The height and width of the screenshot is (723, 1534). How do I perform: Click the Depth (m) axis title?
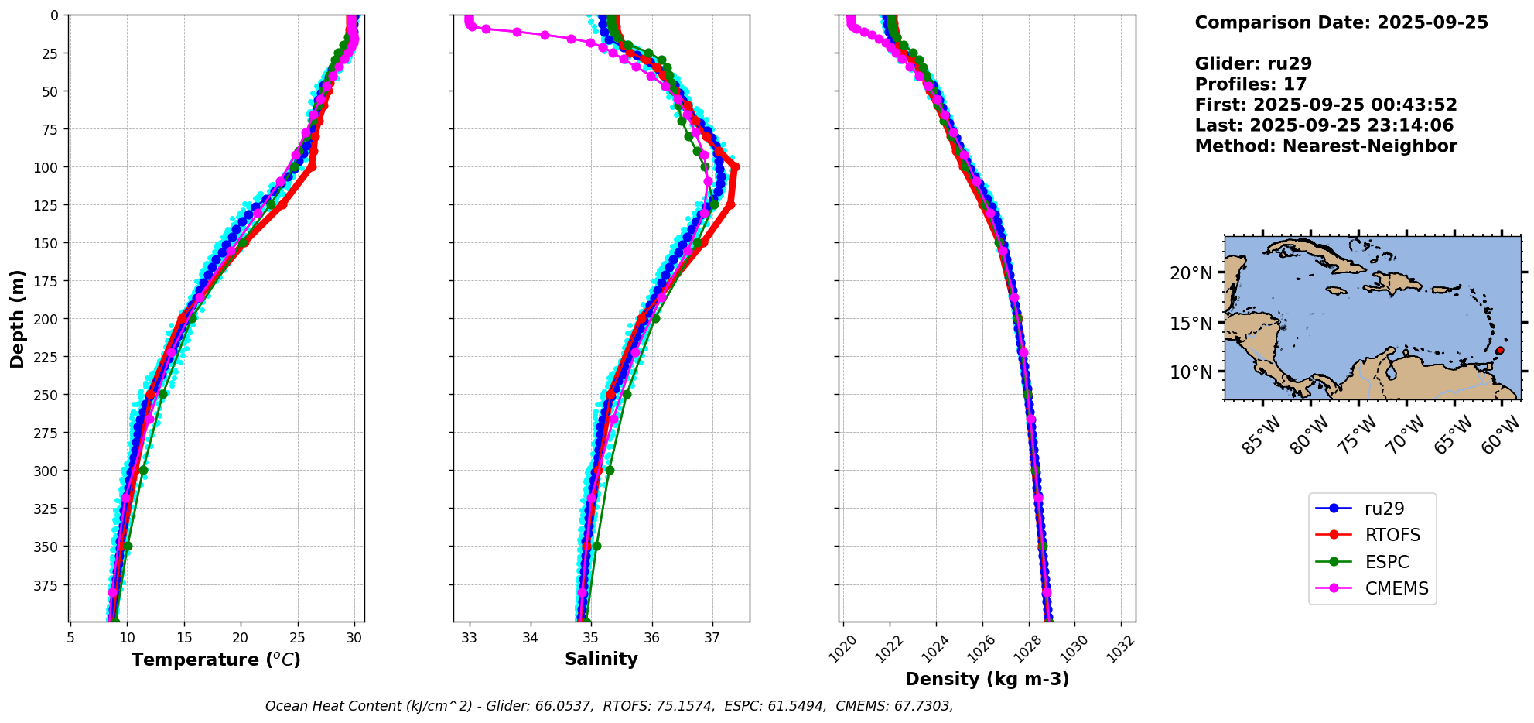tap(18, 318)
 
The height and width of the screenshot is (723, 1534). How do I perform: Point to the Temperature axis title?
tap(216, 660)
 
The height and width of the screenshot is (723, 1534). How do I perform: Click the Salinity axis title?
tap(601, 659)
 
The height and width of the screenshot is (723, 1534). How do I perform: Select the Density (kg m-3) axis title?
tap(987, 679)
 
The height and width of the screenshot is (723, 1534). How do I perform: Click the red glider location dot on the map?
tap(1499, 351)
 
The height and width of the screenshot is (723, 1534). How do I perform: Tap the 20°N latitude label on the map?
tap(1191, 272)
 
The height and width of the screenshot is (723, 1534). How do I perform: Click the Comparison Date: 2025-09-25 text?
tap(1341, 22)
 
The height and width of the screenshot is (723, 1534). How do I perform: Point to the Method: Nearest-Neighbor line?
tap(1326, 146)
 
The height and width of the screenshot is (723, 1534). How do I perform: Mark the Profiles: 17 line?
tap(1251, 84)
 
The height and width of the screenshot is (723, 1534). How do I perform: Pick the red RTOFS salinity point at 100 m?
tap(735, 166)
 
